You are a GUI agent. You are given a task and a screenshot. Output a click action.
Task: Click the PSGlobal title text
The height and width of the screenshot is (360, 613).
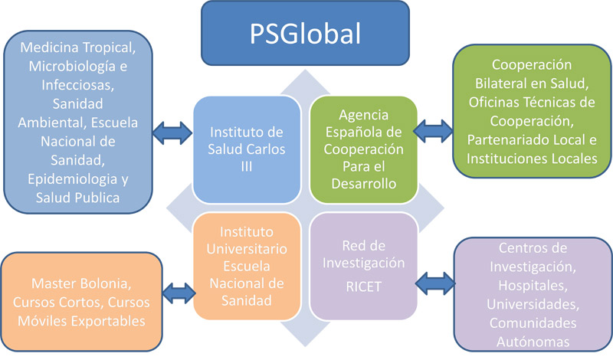click(x=306, y=34)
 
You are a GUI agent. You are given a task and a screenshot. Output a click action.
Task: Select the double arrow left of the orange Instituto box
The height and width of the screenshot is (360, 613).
click(x=180, y=292)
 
